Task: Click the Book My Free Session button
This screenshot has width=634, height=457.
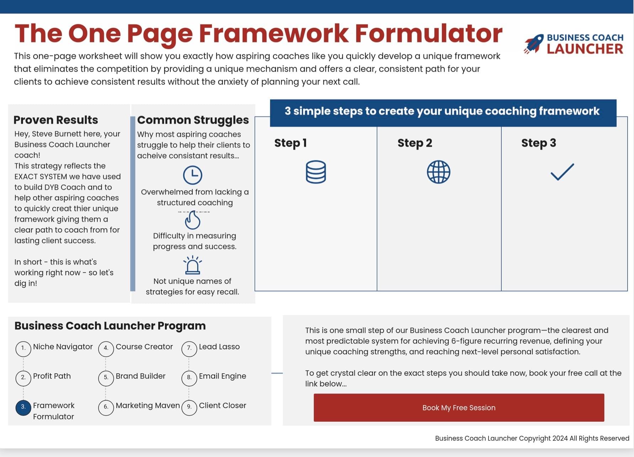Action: coord(459,407)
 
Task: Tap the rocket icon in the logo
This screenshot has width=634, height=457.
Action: coord(534,44)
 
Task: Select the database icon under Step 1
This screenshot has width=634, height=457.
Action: coord(316,172)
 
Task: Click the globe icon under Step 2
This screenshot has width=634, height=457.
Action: coord(438,172)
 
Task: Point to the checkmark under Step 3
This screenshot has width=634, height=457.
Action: coord(562,172)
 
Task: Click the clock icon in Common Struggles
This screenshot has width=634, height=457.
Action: coord(192,175)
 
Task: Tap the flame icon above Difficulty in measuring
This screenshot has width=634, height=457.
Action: coord(192,220)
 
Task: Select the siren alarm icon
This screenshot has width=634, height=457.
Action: coord(192,265)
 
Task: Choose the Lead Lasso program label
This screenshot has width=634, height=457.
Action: coord(219,347)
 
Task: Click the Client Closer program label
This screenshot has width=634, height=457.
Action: coord(222,405)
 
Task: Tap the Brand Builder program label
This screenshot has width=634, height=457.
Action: coord(141,376)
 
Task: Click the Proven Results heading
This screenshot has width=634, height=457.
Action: coord(56,120)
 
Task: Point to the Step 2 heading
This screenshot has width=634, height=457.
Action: coord(415,143)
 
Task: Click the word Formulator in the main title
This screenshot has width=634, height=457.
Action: coord(429,33)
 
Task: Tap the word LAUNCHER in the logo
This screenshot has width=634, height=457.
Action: coord(585,49)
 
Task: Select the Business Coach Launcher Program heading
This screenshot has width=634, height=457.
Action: coord(110,326)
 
